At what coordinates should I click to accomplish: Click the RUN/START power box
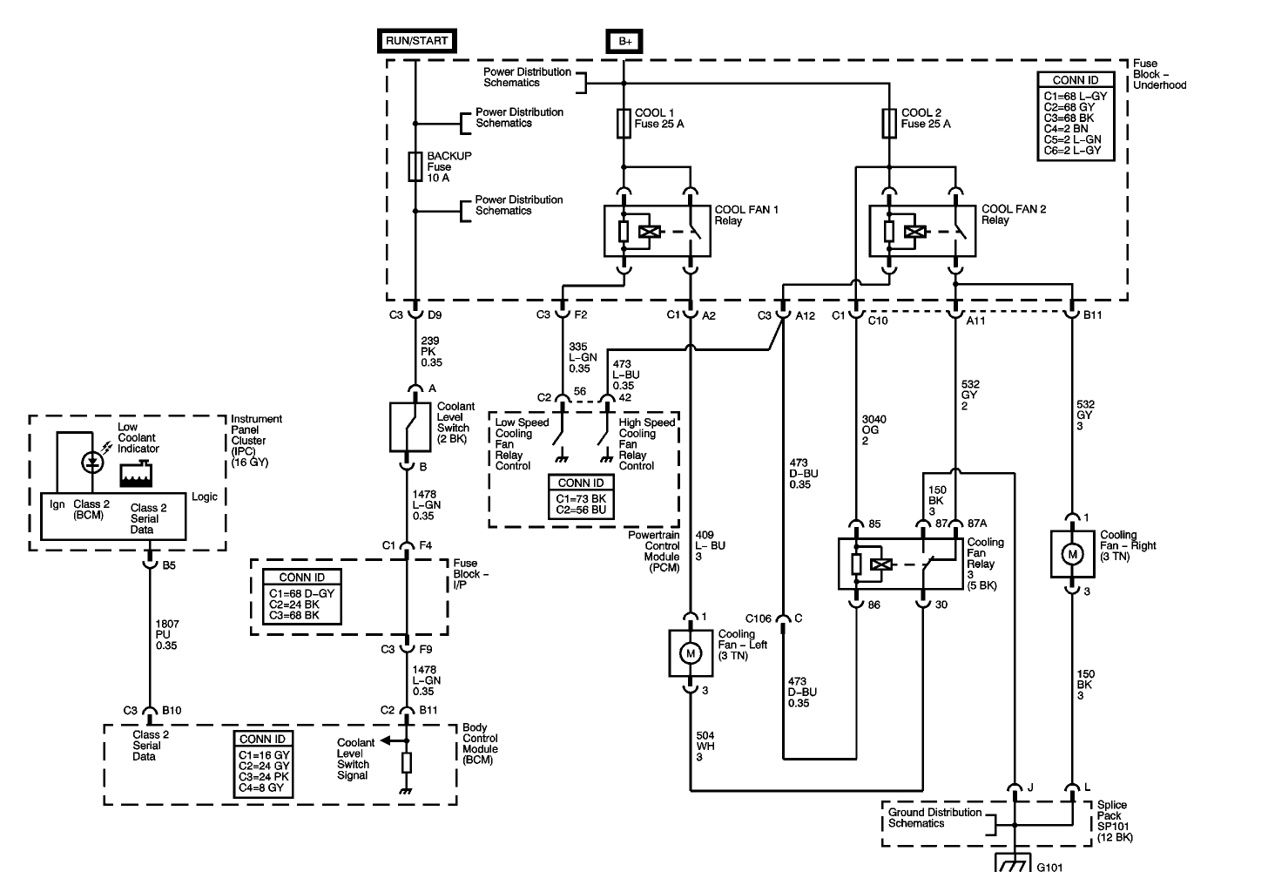coord(416,41)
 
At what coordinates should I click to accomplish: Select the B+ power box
coord(624,41)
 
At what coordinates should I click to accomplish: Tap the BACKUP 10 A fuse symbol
coord(415,166)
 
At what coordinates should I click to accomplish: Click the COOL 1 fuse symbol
coord(624,124)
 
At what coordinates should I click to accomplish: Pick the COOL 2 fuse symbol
coord(889,124)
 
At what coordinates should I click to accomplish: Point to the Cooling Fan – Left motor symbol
coord(691,653)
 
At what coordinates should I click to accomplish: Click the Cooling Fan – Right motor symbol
coord(1072,555)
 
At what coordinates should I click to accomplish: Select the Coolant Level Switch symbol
coord(410,427)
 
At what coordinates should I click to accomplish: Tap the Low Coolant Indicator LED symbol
coord(92,463)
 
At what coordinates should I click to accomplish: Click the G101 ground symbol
coord(1013,864)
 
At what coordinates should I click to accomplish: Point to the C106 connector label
coord(758,618)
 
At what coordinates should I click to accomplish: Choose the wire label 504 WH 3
coord(705,747)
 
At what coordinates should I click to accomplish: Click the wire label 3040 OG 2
coord(874,429)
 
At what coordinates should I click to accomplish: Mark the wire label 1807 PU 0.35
coord(167,634)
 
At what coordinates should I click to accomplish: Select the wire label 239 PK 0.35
coord(431,352)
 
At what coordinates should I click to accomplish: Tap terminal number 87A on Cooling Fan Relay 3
coord(977,524)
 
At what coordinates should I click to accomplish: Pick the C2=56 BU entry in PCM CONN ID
coord(581,510)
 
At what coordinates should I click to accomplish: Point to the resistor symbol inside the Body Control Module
coord(407,763)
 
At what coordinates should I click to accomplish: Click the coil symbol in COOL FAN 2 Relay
coord(914,232)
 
